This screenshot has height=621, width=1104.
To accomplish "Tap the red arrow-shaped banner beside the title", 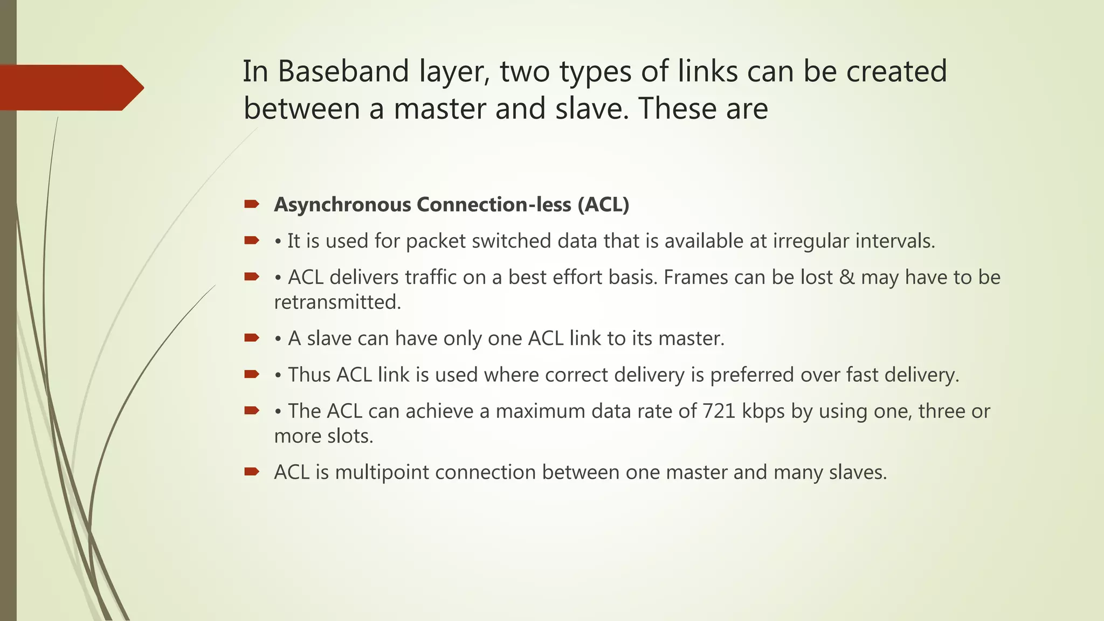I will [x=70, y=87].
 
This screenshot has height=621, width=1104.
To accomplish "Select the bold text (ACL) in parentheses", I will [x=603, y=205].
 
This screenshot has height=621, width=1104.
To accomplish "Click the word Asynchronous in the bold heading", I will [x=342, y=205].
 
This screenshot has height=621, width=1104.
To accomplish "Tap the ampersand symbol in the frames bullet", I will [x=847, y=278].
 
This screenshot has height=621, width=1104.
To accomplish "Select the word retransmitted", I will [x=337, y=302].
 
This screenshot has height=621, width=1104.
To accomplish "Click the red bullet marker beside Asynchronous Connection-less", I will [x=251, y=204].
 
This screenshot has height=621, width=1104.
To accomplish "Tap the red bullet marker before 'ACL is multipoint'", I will [x=251, y=472].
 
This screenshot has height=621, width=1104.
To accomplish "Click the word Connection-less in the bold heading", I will [x=493, y=205].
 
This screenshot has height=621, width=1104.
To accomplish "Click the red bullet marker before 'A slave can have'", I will [x=251, y=338].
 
